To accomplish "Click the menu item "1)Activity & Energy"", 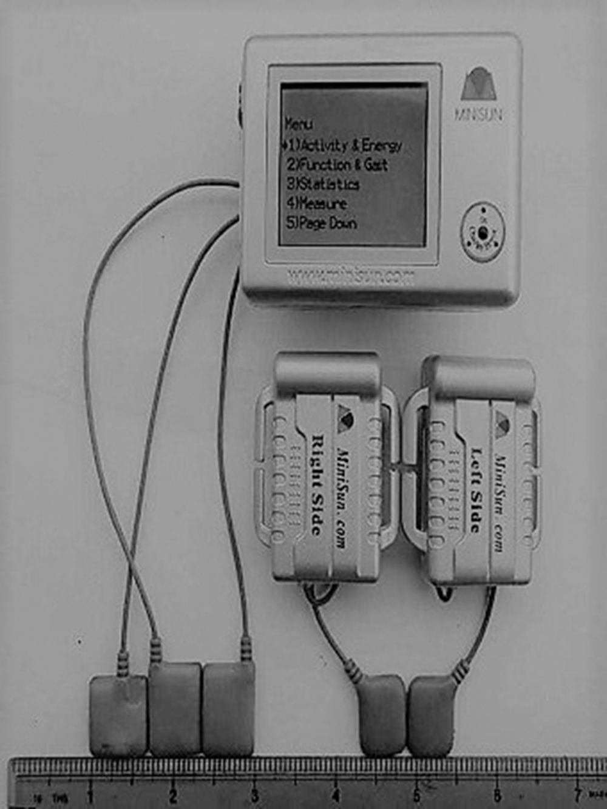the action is coord(344,146).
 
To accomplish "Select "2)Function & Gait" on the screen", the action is coord(337,164).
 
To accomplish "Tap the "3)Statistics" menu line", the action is coord(323,184).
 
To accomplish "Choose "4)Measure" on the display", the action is coord(316,203).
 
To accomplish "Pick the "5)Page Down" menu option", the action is coord(321,223).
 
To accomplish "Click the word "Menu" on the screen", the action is coord(299,124).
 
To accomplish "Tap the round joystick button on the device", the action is coord(482,232).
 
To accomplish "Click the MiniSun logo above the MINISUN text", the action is coord(479,84).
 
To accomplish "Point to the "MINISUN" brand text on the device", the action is coord(479,114).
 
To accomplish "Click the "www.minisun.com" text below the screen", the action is coord(351,277).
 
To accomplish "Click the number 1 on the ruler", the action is coord(90,794).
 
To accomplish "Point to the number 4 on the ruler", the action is coord(335,794).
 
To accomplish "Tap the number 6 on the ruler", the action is coord(497,794).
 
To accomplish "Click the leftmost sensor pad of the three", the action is coord(118,715).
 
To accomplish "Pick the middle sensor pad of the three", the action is coord(175,708).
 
